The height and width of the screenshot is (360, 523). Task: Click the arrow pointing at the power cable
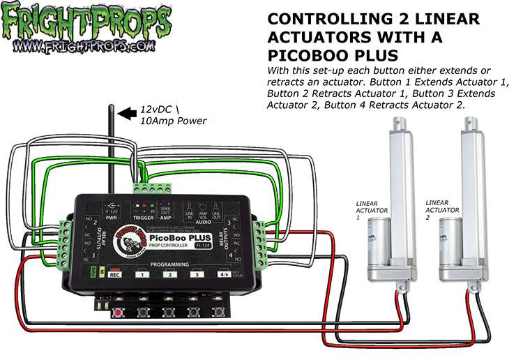[x=127, y=111]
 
